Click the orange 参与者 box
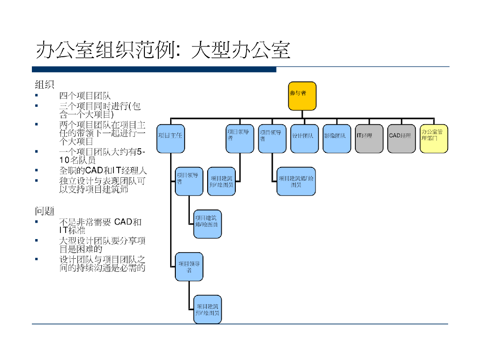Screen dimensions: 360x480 (302, 96)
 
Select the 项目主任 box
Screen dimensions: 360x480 (171, 139)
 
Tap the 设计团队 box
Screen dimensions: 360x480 (304, 139)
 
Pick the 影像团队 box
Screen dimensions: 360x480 (337, 139)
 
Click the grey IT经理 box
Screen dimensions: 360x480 (369, 139)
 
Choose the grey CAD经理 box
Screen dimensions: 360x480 (402, 139)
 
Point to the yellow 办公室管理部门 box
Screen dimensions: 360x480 (434, 139)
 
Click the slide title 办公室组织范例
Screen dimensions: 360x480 (163, 50)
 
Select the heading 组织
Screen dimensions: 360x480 (45, 85)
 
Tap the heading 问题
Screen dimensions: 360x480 (45, 211)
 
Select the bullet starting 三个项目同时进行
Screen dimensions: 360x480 (99, 110)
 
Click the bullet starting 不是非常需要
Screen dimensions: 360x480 (100, 226)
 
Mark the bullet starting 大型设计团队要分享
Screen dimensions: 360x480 (102, 245)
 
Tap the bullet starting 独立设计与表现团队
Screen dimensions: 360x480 (102, 185)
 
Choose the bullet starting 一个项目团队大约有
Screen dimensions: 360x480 (102, 156)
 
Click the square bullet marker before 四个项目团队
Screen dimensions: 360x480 (37, 96)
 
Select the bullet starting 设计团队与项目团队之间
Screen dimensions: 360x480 (102, 263)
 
